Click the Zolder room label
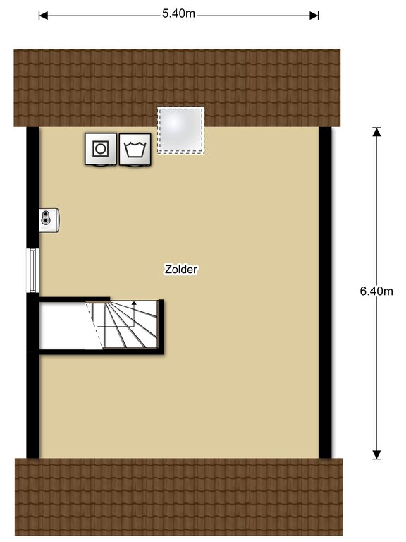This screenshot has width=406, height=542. pos(180,270)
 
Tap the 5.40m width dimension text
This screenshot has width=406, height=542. pos(178,14)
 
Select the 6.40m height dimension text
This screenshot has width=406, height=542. pos(376,291)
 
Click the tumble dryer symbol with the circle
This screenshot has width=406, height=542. pos(101,149)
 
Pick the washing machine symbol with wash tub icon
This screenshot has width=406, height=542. pos(135,150)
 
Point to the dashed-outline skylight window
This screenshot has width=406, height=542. pos(181,130)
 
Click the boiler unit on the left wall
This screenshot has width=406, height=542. pos(49,220)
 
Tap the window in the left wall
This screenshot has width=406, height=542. pos(33,270)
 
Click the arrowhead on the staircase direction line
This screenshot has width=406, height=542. pos(134,303)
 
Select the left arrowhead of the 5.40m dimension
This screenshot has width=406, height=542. pos(43,16)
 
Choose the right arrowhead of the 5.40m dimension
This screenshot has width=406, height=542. pos(314,16)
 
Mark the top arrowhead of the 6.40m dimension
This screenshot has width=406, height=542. pos(376,132)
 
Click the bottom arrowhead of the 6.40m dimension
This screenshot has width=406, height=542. pos(376,455)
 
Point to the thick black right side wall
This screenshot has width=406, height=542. pos(325,293)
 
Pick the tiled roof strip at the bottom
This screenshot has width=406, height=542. pos(178,497)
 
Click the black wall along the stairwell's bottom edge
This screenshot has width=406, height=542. pos(101,352)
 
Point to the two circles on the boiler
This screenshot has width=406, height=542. pos(45,217)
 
